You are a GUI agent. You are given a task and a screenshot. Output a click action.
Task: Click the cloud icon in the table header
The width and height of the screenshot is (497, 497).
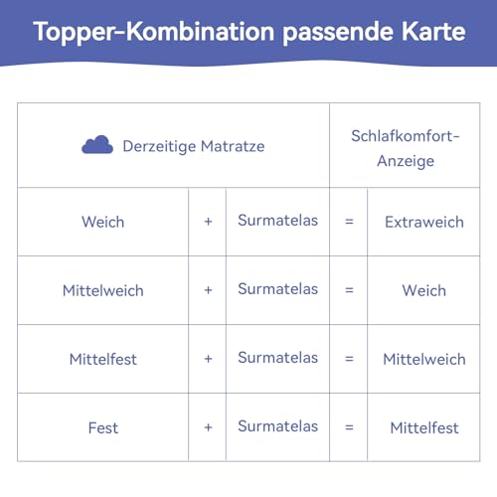click(97, 145)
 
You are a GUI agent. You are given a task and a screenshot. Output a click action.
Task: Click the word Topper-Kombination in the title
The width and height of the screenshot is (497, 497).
click(154, 32)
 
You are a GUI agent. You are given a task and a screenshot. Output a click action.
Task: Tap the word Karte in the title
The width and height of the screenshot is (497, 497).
click(433, 32)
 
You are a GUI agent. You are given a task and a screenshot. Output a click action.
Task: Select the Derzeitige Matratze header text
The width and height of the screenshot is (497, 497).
click(194, 146)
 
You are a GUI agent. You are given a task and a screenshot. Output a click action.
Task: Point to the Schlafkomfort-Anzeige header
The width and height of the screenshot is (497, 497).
click(406, 148)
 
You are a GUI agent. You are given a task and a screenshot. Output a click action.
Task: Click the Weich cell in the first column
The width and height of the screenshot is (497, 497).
click(103, 222)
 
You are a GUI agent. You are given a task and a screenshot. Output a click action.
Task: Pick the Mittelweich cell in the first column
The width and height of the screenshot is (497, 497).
click(103, 290)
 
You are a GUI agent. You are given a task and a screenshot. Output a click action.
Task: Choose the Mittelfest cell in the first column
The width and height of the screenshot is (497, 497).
click(103, 359)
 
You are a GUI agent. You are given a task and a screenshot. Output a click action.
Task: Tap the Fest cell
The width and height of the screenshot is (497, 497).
click(103, 427)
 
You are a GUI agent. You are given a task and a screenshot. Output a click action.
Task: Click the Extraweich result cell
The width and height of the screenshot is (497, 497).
click(424, 222)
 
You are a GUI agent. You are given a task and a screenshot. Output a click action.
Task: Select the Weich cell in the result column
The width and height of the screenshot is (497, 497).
click(424, 290)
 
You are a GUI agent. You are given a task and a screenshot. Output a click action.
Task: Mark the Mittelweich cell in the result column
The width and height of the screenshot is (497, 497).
click(424, 359)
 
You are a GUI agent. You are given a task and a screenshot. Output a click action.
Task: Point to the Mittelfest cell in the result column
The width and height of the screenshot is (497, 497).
click(424, 427)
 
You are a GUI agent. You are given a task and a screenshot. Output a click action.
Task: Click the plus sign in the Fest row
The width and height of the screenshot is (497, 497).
click(208, 427)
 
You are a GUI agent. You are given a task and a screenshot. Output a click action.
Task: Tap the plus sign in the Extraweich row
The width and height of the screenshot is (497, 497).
click(208, 222)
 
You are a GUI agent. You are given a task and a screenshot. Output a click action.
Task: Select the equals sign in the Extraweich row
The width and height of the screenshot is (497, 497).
click(349, 222)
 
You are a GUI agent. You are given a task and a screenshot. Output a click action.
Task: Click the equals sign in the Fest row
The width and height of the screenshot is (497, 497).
click(349, 427)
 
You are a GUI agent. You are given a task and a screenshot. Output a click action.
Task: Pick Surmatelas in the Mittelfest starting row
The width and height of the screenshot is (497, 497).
click(277, 358)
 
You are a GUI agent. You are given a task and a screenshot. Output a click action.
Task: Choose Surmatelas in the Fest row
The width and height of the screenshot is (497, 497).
click(277, 426)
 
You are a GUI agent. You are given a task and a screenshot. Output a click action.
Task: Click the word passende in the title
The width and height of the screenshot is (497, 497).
click(338, 33)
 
